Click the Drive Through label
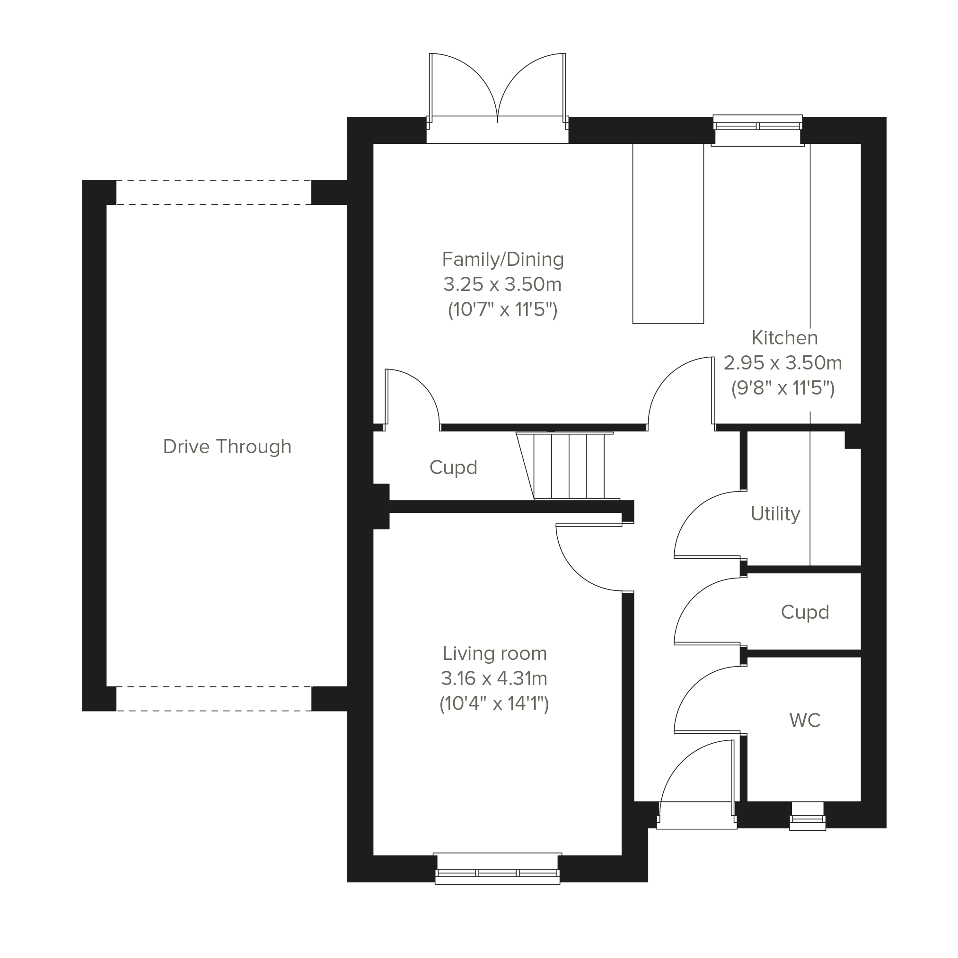click(227, 447)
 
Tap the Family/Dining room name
click(503, 259)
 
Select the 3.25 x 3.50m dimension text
click(502, 285)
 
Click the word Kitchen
click(784, 338)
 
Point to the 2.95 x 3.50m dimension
click(783, 363)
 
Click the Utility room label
click(775, 514)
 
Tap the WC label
click(805, 720)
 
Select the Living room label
click(494, 653)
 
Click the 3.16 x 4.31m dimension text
click(494, 678)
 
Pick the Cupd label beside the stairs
click(453, 467)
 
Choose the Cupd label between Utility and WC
click(805, 612)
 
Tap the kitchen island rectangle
click(668, 233)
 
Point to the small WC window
click(807, 816)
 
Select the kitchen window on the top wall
click(758, 131)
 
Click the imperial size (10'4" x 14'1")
click(494, 704)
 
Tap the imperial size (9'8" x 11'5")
click(783, 388)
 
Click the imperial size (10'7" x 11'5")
click(503, 310)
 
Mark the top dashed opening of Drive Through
click(214, 193)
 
